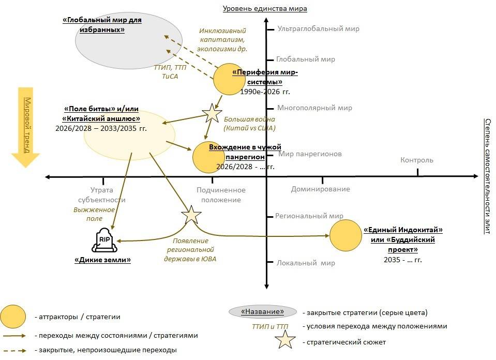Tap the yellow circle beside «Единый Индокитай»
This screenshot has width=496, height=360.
(x=345, y=235)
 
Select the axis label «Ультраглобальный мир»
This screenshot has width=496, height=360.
(x=318, y=29)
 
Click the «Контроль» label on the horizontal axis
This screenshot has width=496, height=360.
(x=417, y=160)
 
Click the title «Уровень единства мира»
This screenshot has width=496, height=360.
(x=265, y=8)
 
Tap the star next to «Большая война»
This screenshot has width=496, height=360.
(x=211, y=112)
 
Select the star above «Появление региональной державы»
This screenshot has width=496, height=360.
(x=191, y=214)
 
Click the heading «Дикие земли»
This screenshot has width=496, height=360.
(x=102, y=260)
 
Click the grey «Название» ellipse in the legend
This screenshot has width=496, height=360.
(x=263, y=312)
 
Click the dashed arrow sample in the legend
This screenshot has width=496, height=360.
(x=14, y=350)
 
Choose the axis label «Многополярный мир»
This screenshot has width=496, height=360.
(x=314, y=108)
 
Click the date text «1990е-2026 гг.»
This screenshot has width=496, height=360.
(x=265, y=92)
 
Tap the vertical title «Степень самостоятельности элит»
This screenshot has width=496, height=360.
(x=487, y=176)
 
